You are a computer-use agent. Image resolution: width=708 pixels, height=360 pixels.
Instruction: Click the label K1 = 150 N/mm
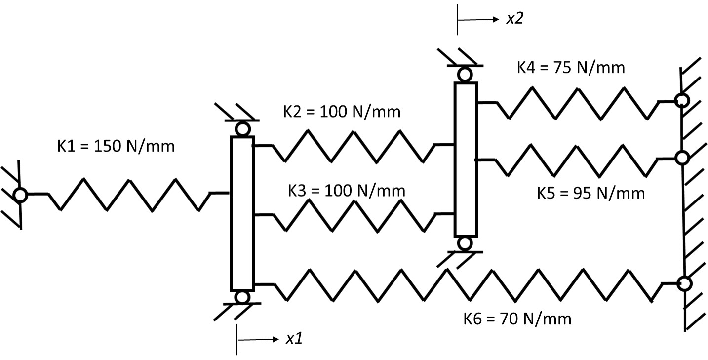click(x=116, y=147)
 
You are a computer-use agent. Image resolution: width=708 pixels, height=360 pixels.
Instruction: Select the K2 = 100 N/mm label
click(x=341, y=112)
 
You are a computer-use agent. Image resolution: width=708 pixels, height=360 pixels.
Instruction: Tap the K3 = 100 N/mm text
click(x=346, y=191)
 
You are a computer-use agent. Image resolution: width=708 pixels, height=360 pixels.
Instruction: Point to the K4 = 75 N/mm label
click(x=571, y=67)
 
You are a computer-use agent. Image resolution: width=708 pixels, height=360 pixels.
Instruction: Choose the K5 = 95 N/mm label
click(x=590, y=193)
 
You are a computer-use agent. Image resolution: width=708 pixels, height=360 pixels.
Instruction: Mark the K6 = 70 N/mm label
click(x=517, y=319)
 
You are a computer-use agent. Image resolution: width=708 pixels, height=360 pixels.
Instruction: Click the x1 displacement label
click(x=294, y=339)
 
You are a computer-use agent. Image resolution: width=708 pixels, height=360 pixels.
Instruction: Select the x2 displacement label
click(x=514, y=19)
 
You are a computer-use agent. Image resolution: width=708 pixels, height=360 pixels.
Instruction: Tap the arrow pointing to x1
click(x=259, y=339)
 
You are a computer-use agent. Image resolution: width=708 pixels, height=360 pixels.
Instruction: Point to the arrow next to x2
click(x=479, y=20)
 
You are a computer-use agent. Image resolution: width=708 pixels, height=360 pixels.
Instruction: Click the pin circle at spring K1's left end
click(x=20, y=195)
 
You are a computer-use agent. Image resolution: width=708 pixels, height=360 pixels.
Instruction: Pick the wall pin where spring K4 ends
click(x=682, y=100)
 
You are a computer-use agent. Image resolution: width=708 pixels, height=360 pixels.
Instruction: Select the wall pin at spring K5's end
click(x=682, y=158)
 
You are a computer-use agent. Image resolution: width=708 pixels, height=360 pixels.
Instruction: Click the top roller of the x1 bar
click(x=242, y=129)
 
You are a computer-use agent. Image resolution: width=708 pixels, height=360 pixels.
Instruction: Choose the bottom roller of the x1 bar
click(x=242, y=297)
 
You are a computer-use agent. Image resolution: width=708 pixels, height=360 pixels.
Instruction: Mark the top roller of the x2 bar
click(x=465, y=75)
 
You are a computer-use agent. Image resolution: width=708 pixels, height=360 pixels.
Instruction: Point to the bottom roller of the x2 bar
click(x=465, y=243)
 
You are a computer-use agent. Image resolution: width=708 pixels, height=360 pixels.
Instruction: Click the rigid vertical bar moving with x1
click(x=242, y=213)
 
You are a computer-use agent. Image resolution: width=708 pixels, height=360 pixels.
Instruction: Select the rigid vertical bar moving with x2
click(x=465, y=159)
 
